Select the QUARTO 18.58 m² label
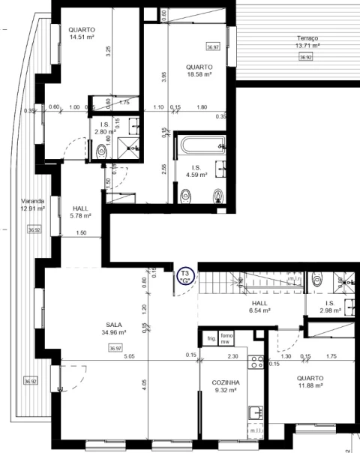tap(199, 70)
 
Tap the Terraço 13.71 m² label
tap(307, 42)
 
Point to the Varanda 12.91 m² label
tap(32, 205)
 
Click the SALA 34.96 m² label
tap(114, 328)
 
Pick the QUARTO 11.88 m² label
tap(309, 382)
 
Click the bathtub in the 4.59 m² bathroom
tap(201, 144)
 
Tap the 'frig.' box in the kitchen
tap(211, 339)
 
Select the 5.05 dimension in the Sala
tap(129, 355)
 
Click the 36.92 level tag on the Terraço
tap(305, 57)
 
